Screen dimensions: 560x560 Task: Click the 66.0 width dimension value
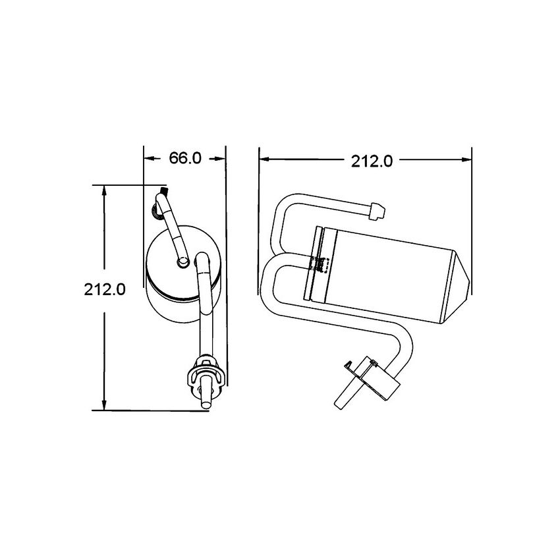click(x=185, y=158)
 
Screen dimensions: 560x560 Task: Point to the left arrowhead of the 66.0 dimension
click(x=148, y=158)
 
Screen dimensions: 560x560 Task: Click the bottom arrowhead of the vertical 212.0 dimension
click(x=105, y=405)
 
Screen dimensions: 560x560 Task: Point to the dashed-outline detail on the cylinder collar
click(x=322, y=265)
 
